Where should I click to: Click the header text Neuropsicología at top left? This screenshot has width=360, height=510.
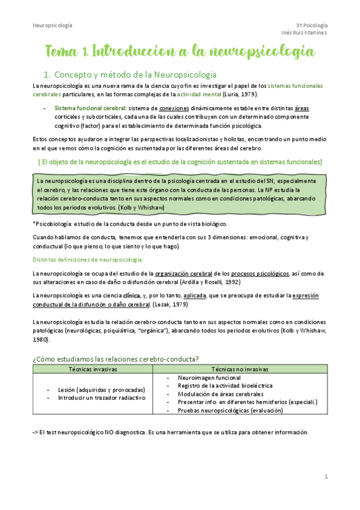click(x=52, y=25)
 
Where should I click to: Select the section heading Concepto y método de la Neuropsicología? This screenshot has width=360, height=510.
click(x=135, y=75)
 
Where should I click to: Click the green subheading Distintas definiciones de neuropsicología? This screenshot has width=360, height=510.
click(x=88, y=259)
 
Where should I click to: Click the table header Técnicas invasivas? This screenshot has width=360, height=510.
click(x=93, y=369)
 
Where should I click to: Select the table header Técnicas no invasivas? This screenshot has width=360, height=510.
click(x=240, y=369)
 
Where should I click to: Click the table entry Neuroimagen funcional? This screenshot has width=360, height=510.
click(x=209, y=378)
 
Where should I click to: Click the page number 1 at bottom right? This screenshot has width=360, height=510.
click(x=326, y=477)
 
